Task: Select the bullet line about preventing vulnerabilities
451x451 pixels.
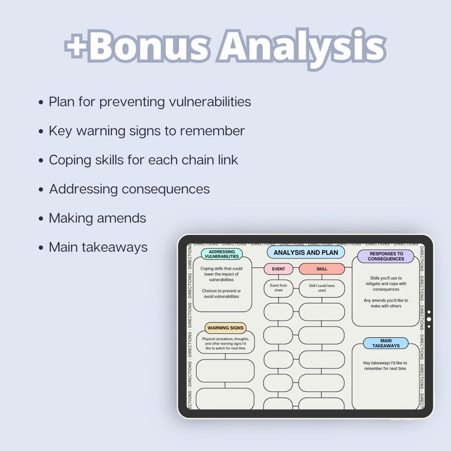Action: pyautogui.click(x=149, y=102)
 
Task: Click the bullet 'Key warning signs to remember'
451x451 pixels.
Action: pyautogui.click(x=147, y=131)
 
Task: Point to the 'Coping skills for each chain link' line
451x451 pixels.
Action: pyautogui.click(x=143, y=160)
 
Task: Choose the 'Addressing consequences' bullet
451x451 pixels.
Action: pyautogui.click(x=129, y=189)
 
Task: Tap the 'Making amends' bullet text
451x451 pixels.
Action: pyautogui.click(x=97, y=218)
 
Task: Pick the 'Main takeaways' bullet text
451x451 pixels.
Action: pyautogui.click(x=98, y=248)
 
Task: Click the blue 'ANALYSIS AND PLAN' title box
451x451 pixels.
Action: pyautogui.click(x=306, y=252)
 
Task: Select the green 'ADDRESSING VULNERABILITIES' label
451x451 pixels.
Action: pyautogui.click(x=222, y=254)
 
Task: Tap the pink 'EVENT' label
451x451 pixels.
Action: pyautogui.click(x=278, y=269)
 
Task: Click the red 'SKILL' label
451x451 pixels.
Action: pyautogui.click(x=321, y=269)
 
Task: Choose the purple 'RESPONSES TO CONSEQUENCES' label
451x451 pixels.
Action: pyautogui.click(x=386, y=256)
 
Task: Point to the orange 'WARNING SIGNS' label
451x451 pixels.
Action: pyautogui.click(x=225, y=328)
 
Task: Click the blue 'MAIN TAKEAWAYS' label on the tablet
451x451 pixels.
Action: pyautogui.click(x=386, y=343)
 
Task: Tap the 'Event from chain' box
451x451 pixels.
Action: pyautogui.click(x=278, y=288)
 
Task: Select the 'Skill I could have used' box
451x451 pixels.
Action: pyautogui.click(x=321, y=288)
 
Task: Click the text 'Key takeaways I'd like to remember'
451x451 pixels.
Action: pyautogui.click(x=385, y=365)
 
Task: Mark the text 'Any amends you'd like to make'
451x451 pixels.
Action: pyautogui.click(x=382, y=303)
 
